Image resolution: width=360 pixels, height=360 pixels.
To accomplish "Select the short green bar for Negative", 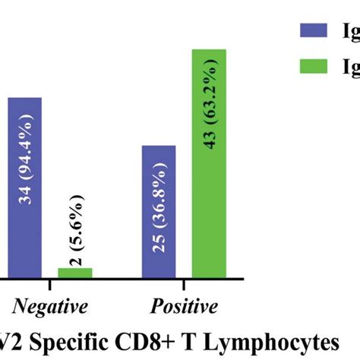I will [x=75, y=272].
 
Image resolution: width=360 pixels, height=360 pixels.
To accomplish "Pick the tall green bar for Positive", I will [x=208, y=163].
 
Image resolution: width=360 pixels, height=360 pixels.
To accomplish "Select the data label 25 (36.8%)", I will [x=159, y=222].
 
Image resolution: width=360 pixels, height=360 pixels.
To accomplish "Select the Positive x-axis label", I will [x=183, y=307].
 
